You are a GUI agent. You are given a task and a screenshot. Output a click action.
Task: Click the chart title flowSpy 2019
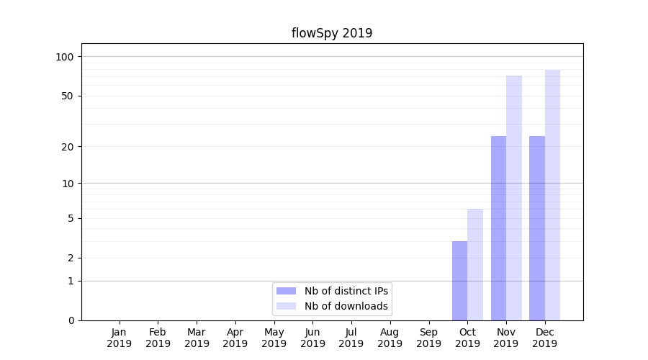[332, 33]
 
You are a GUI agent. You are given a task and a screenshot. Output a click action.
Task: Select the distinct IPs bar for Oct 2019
[459, 281]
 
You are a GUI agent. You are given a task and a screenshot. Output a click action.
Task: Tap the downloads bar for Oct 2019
[475, 265]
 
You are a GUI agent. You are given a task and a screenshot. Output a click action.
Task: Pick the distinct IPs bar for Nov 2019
[498, 228]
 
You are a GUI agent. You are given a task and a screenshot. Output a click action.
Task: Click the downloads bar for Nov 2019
[514, 198]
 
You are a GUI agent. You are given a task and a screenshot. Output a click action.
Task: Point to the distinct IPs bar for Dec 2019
[537, 228]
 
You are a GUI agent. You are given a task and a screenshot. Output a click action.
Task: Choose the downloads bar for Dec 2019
[552, 195]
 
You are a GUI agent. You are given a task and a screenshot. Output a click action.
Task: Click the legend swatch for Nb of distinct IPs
[286, 291]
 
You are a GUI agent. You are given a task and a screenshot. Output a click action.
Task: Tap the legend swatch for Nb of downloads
[286, 306]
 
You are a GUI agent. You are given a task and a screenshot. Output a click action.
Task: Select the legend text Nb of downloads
[346, 306]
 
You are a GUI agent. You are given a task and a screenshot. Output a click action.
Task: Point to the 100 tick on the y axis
[65, 57]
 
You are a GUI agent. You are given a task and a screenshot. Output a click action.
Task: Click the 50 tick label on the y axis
[68, 96]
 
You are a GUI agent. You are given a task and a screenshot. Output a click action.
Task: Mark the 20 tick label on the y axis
[68, 147]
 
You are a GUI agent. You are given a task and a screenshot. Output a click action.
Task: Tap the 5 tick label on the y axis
[71, 218]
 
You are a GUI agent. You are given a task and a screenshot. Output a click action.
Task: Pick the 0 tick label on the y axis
[71, 320]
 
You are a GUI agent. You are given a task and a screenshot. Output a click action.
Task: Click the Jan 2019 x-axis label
[120, 338]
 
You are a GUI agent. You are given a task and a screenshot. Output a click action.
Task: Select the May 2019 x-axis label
[274, 338]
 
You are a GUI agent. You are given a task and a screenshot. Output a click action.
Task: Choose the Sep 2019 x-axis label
[428, 338]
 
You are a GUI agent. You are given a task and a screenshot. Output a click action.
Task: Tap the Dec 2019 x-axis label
[545, 338]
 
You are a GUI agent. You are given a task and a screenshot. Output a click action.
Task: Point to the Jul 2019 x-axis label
[351, 338]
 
